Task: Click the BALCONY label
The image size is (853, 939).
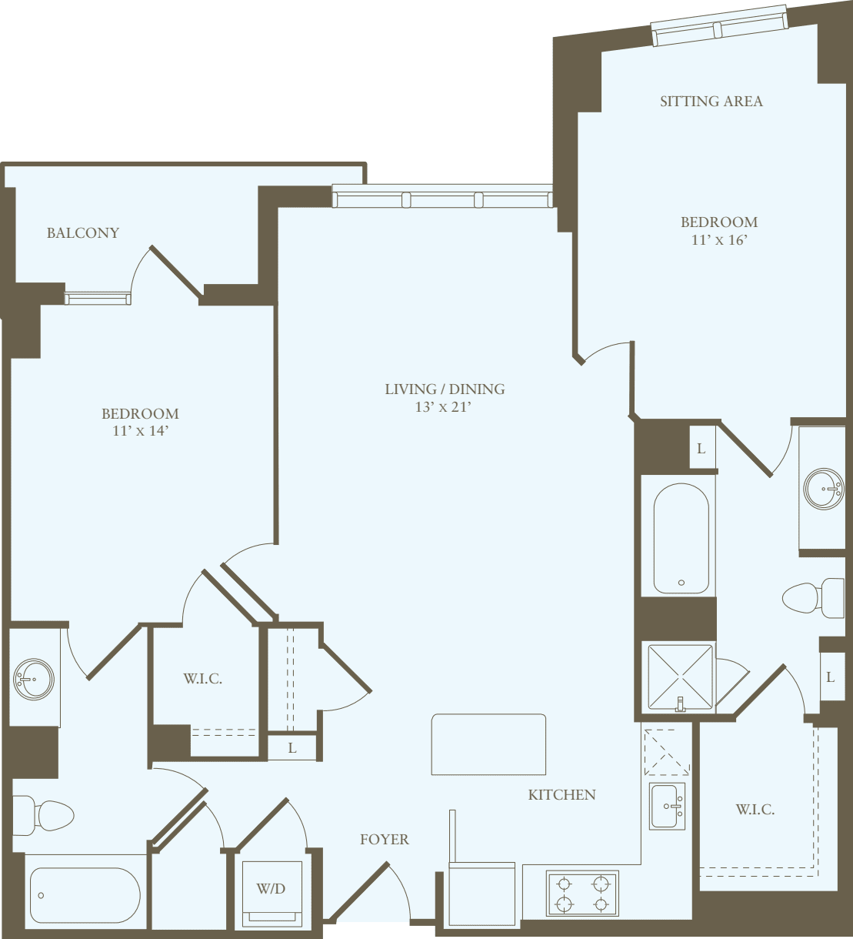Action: coord(83,232)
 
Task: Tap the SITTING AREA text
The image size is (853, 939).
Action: coord(711,101)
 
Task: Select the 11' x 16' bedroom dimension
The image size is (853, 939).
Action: coord(718,240)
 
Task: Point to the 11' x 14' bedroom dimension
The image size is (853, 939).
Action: coord(140,431)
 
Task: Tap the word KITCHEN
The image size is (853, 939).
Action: coord(561,794)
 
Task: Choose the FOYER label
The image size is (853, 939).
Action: coord(384,839)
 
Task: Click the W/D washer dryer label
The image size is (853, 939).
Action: coord(271,889)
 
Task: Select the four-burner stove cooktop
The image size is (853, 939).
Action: coord(582,894)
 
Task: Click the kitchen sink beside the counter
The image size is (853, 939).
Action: coord(667,806)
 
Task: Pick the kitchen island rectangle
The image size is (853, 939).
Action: coord(488,744)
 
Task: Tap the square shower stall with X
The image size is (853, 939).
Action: coord(680,677)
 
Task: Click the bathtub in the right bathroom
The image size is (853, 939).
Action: coord(681,538)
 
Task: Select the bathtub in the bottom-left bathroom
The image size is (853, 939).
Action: coord(85,895)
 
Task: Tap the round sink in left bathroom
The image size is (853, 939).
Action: coord(34,679)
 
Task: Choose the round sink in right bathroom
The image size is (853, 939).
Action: coord(824,488)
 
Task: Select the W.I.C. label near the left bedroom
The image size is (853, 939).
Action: coord(202,678)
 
